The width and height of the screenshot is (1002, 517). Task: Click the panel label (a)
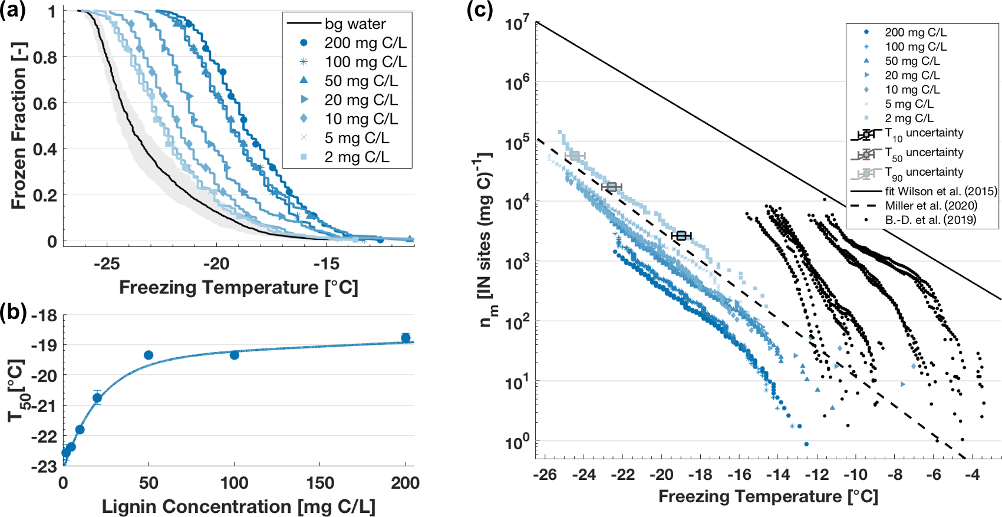tap(12, 11)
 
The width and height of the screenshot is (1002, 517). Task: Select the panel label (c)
tap(479, 11)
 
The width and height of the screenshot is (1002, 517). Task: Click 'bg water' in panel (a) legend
tap(355, 24)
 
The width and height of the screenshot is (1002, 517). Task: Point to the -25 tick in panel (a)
tap(107, 264)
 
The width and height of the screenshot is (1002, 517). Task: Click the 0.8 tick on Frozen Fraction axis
tap(45, 58)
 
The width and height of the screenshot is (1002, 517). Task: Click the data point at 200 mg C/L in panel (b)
tap(406, 338)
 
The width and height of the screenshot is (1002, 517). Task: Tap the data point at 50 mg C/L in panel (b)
tap(149, 355)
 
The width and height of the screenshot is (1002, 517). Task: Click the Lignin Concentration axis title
tap(238, 506)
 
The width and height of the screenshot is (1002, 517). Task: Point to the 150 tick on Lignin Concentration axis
tap(320, 483)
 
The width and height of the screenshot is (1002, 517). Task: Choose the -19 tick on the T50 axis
tap(44, 345)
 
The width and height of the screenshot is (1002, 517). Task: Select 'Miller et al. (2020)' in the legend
tap(931, 206)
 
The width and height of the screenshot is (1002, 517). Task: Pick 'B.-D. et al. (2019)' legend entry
tap(930, 220)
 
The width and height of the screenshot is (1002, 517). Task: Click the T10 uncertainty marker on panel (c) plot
tap(681, 236)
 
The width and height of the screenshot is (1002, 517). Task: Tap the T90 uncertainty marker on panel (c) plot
tap(575, 156)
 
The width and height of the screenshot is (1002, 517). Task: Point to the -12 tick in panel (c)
tap(817, 475)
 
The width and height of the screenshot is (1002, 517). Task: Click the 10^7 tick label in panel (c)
tap(517, 24)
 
